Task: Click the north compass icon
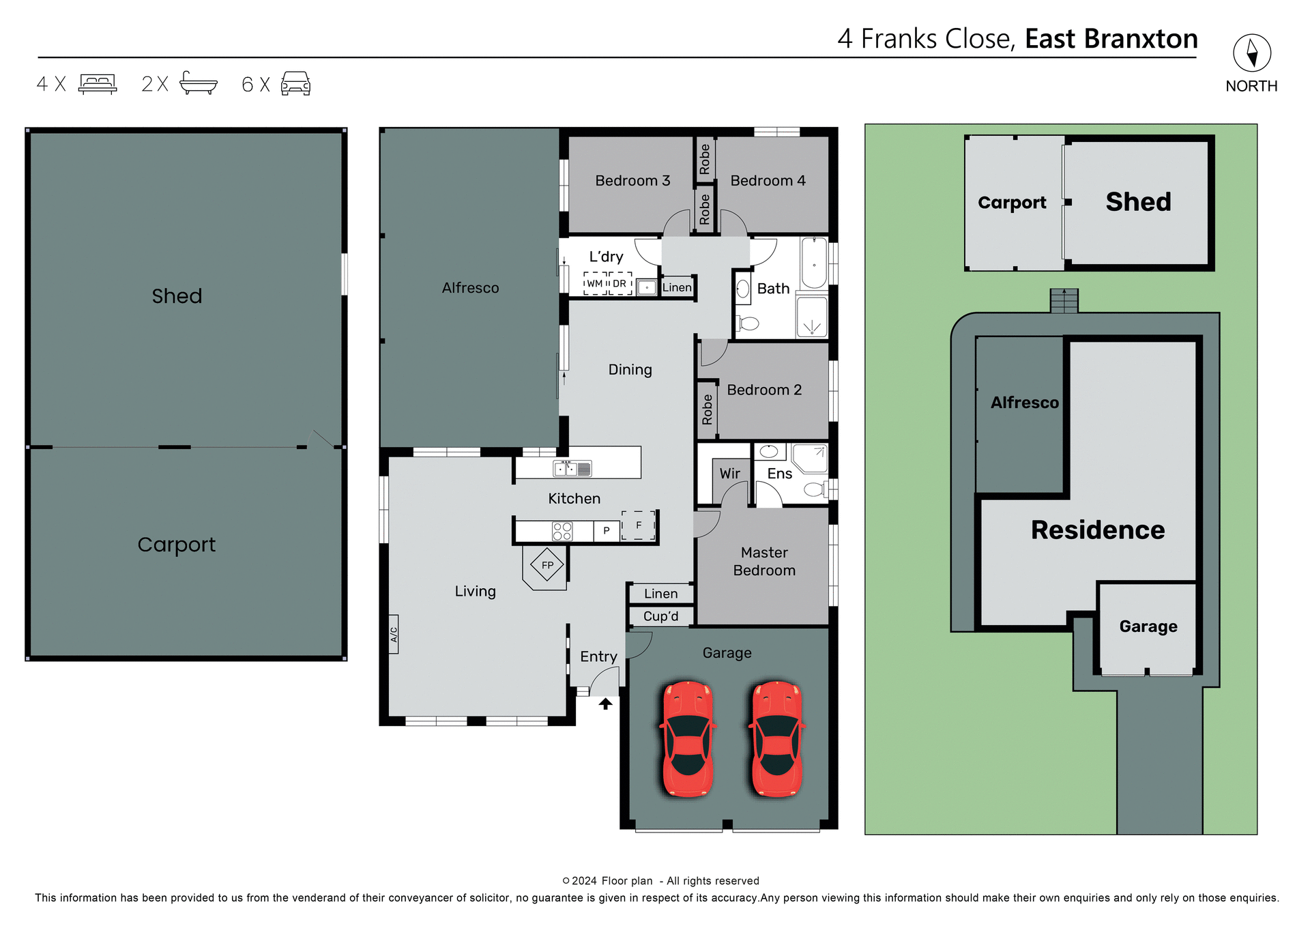coord(1251,53)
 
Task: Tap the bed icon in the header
coord(98,84)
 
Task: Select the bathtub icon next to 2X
coord(198,83)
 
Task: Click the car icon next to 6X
coord(295,84)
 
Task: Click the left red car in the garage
coord(688,739)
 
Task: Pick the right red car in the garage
coord(776,739)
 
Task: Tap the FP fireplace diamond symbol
coord(547,565)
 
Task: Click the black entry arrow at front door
coord(605,704)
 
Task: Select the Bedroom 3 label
coord(632,181)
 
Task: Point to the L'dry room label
coord(606,257)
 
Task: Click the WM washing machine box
coord(595,283)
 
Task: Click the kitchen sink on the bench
coord(572,469)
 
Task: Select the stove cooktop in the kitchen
coord(562,531)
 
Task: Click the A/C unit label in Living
coord(394,634)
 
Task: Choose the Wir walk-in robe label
coord(729,474)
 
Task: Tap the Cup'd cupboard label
coord(660,616)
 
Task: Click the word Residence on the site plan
coord(1097,530)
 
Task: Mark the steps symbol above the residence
coord(1064,300)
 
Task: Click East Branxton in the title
coord(1111,39)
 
